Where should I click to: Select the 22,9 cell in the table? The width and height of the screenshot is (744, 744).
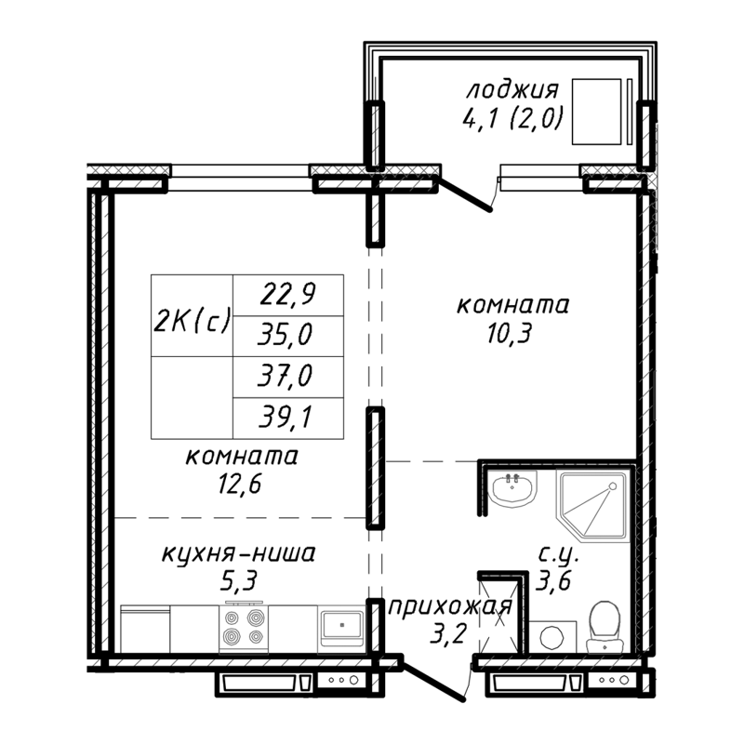point(287,295)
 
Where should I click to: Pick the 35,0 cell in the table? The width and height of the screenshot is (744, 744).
point(287,336)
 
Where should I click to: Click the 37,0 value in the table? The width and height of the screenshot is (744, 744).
point(287,378)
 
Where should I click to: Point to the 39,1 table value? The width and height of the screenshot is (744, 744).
point(287,419)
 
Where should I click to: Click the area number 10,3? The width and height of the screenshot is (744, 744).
point(511,332)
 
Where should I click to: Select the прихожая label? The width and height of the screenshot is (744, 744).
point(449,609)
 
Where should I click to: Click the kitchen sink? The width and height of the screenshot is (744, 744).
point(342,627)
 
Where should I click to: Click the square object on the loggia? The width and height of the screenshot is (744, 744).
point(596,111)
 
